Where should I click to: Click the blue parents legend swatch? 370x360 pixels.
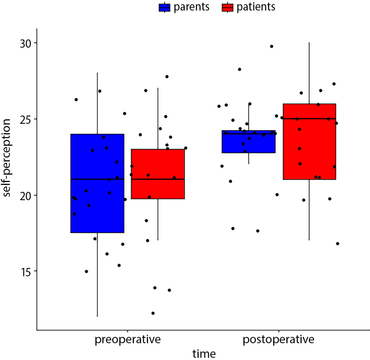[x=164, y=7]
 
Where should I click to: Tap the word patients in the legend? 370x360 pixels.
[x=256, y=7]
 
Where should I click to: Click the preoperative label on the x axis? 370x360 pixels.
[x=128, y=340]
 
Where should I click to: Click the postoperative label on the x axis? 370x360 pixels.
[x=278, y=340]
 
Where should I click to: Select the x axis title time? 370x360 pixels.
[x=204, y=353]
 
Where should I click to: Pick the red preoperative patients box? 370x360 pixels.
[x=158, y=164]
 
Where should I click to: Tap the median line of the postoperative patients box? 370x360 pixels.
[x=309, y=119]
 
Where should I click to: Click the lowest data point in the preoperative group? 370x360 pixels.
[x=153, y=313]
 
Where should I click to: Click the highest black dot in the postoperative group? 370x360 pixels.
[x=272, y=46]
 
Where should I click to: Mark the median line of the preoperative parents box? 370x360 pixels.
[x=97, y=179]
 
